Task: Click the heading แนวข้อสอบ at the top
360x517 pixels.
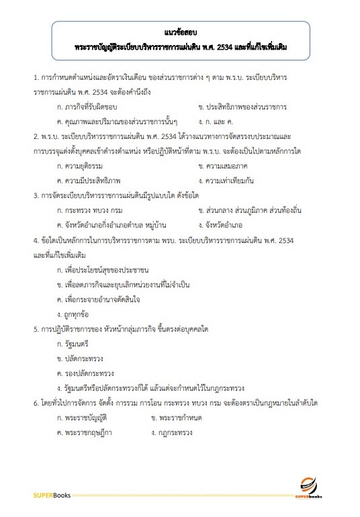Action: click(180, 32)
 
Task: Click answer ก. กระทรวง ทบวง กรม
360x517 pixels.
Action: click(90, 210)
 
